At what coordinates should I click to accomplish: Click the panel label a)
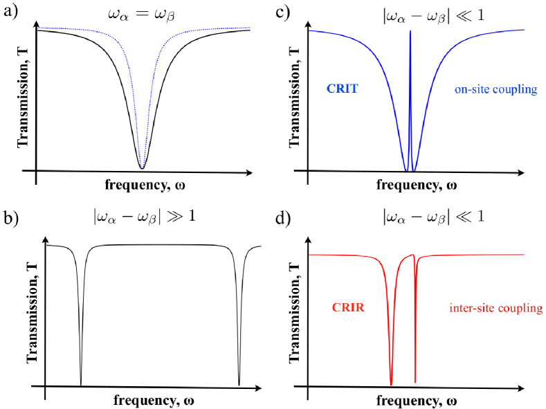click(9, 11)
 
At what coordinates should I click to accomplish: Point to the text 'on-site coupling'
click(495, 89)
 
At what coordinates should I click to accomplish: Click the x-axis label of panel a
click(145, 185)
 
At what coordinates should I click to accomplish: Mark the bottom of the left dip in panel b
click(81, 384)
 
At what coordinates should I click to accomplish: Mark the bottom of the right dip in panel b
click(239, 384)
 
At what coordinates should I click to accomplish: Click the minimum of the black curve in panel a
click(142, 168)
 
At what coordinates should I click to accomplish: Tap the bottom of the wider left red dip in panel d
click(392, 384)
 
